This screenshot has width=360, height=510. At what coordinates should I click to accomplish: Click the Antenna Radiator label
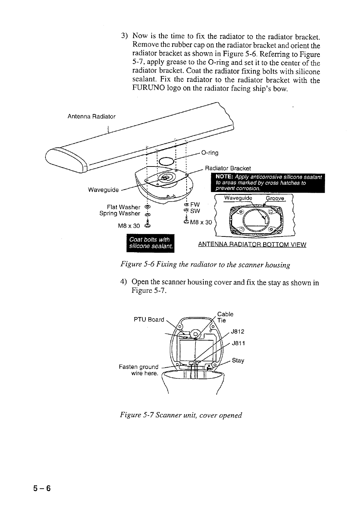[91, 116]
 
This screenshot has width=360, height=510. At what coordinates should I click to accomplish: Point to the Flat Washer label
[123, 207]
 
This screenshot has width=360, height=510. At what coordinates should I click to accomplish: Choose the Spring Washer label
[120, 213]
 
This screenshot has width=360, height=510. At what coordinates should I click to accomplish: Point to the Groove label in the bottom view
[276, 198]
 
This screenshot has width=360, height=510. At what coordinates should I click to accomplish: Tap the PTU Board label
[149, 319]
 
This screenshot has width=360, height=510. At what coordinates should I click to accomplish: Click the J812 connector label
[238, 331]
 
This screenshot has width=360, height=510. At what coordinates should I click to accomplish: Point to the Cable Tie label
[225, 317]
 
